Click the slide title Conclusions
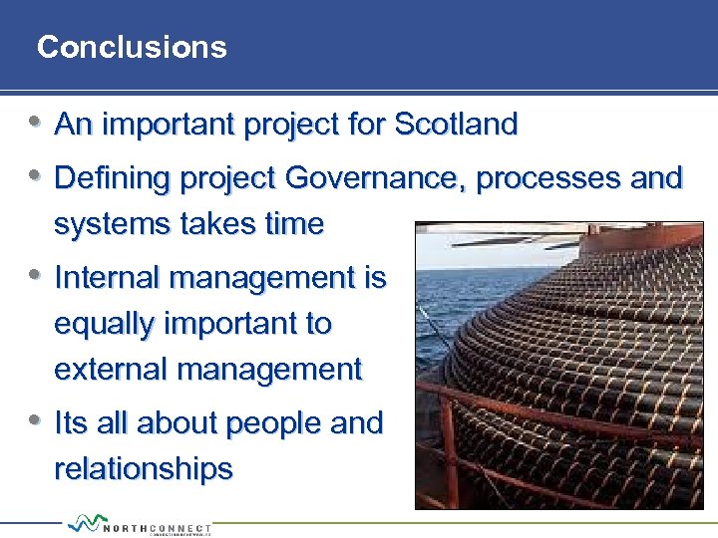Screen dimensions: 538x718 [x=132, y=47]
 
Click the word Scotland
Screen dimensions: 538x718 [x=456, y=125]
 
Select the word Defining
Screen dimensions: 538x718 [x=113, y=178]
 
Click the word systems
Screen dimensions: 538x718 [x=103, y=224]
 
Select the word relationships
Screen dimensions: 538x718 [x=144, y=468]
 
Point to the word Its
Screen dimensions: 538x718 [x=71, y=422]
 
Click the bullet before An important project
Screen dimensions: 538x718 [x=35, y=123]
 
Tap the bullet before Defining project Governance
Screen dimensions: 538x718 [x=35, y=176]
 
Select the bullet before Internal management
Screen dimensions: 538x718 [x=35, y=275]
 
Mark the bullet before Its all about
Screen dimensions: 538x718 [x=35, y=420]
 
